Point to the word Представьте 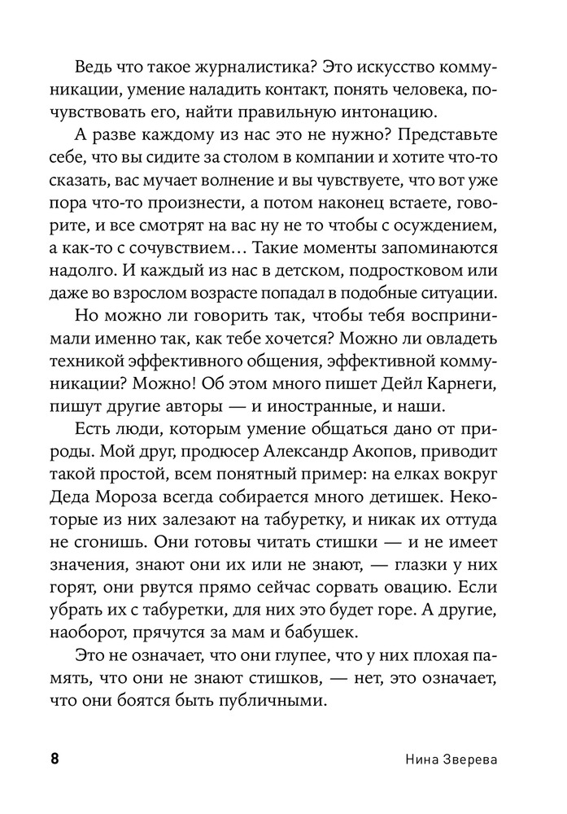[x=445, y=133]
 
